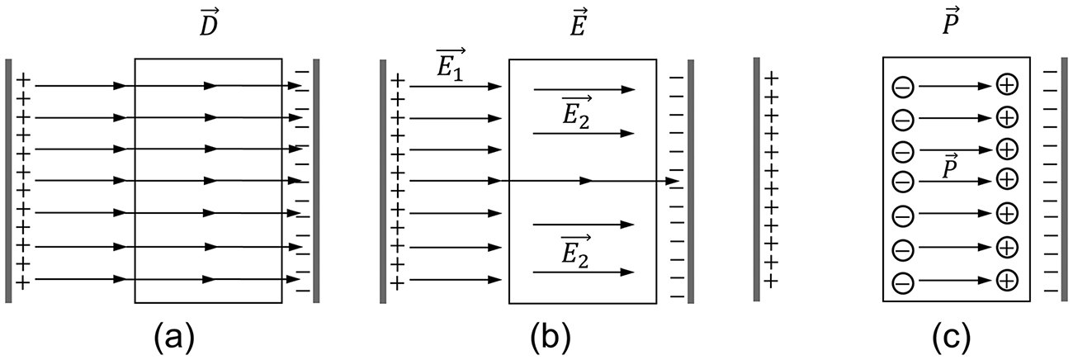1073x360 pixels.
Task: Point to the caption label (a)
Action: tap(173, 336)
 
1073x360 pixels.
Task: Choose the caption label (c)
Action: tap(943, 336)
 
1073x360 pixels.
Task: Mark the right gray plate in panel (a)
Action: tap(316, 181)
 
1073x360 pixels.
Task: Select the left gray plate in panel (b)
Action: tap(383, 181)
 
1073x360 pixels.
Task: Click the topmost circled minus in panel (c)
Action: tap(902, 86)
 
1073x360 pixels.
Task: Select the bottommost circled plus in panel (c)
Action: tap(1006, 282)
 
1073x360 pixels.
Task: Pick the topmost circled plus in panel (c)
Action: tap(1006, 84)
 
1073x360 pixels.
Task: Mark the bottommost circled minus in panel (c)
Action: tap(902, 282)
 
